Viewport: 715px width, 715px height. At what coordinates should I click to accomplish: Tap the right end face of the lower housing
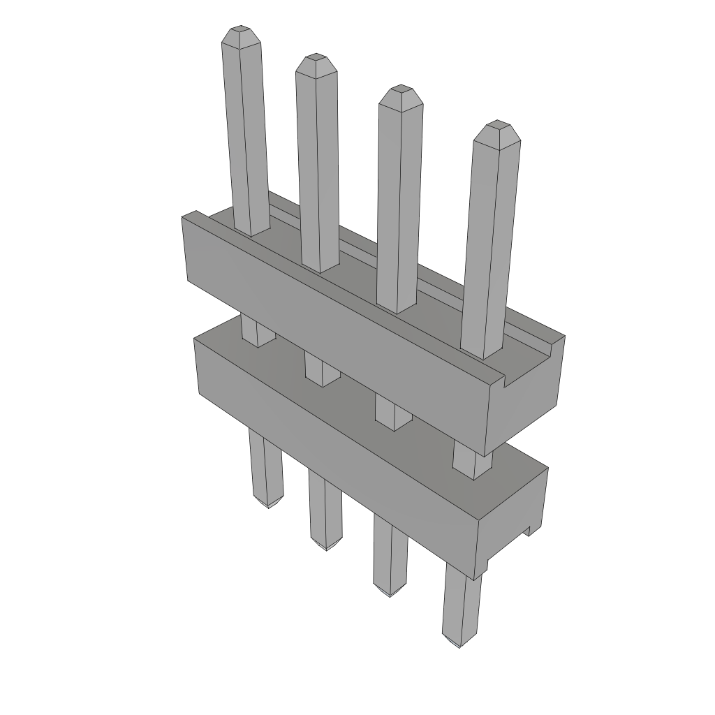coord(513,520)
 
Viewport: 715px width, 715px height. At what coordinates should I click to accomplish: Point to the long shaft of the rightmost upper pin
coord(492,244)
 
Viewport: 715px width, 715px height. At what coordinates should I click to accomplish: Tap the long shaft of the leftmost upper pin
coord(246,133)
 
